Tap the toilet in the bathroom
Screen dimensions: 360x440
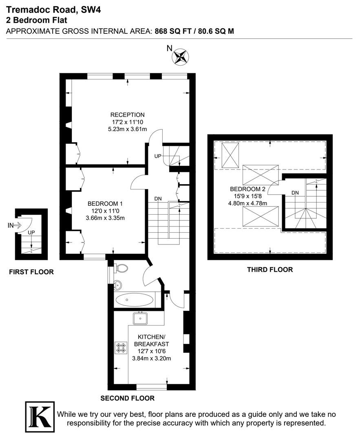click(121, 268)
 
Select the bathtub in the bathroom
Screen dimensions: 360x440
click(135, 300)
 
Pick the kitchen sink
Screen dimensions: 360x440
click(140, 319)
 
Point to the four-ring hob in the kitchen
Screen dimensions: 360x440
click(121, 348)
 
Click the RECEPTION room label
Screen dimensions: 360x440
click(128, 115)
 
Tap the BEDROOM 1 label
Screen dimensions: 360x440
click(105, 203)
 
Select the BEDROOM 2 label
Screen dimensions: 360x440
click(247, 189)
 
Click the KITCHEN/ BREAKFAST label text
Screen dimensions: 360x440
click(151, 340)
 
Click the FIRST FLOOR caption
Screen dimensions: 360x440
click(31, 272)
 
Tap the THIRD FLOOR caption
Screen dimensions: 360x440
click(270, 270)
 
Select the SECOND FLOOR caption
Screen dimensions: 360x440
click(128, 398)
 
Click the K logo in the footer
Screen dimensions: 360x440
click(40, 417)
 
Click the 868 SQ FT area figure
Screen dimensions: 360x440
click(173, 31)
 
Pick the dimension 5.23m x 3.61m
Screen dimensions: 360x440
click(128, 130)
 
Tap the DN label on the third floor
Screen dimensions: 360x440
click(295, 193)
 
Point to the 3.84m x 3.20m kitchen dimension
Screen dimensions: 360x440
click(151, 359)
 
